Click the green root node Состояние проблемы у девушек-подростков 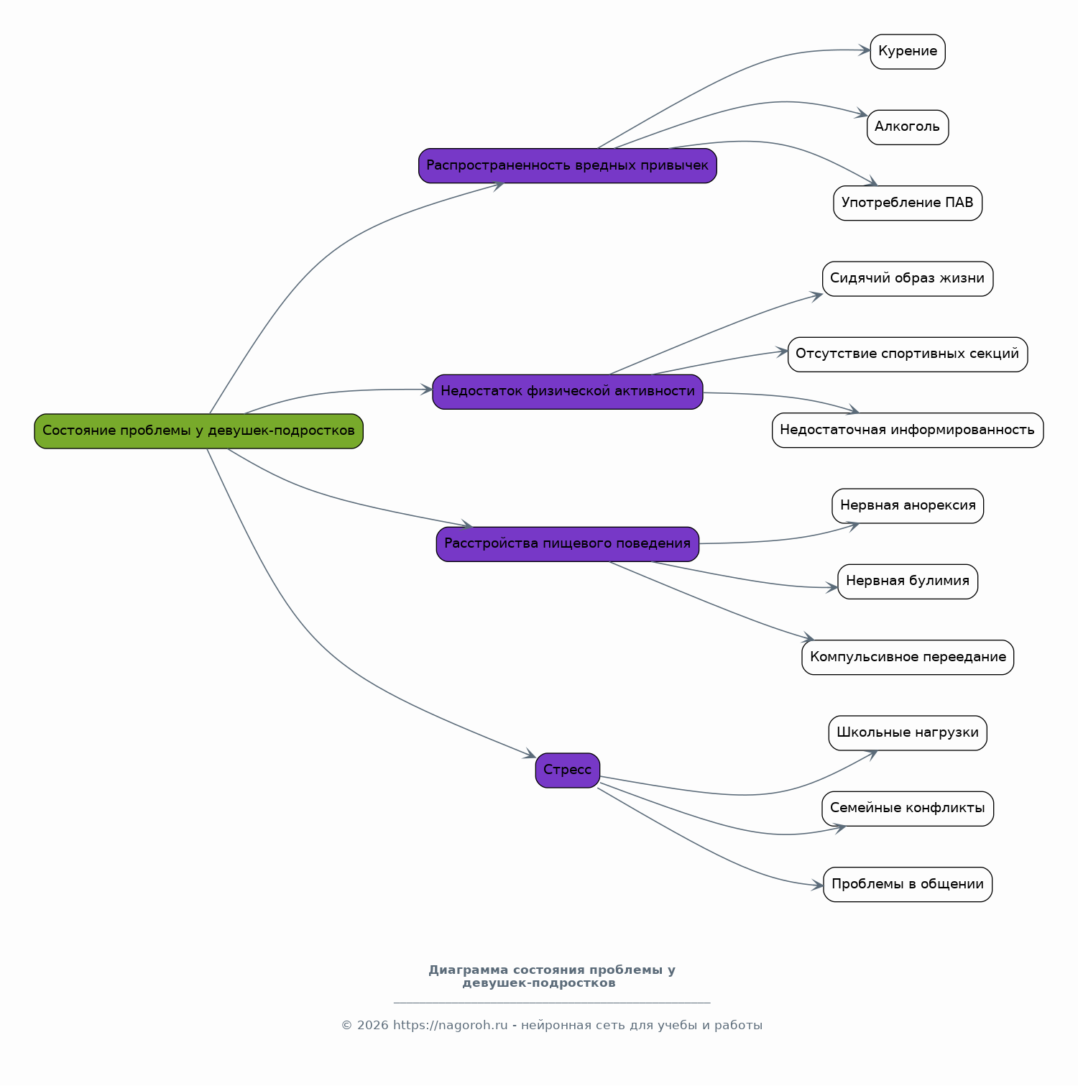click(198, 431)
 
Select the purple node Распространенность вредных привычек click(568, 166)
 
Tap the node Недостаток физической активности click(568, 392)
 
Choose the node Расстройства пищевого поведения click(568, 544)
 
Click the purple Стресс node click(568, 770)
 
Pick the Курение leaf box click(908, 52)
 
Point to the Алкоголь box click(908, 127)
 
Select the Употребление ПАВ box click(908, 203)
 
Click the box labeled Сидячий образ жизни click(908, 279)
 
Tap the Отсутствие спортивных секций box click(908, 354)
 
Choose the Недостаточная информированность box click(908, 431)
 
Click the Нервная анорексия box click(908, 506)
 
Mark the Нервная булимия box click(908, 581)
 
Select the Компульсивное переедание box click(908, 658)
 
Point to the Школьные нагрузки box click(908, 733)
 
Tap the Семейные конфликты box click(908, 809)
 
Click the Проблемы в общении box click(908, 885)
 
